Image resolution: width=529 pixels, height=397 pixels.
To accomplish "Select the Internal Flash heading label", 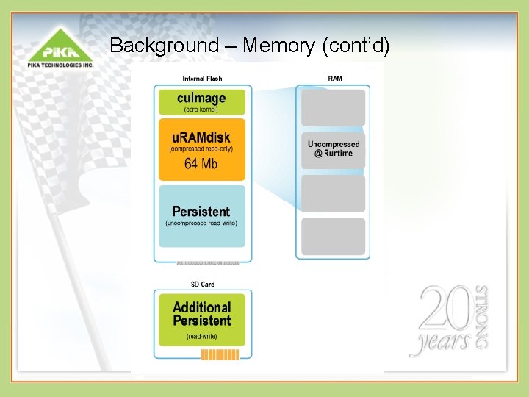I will [x=202, y=79].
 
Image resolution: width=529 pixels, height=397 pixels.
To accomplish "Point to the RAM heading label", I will [x=334, y=79].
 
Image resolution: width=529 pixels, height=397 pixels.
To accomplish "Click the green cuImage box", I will [x=202, y=101].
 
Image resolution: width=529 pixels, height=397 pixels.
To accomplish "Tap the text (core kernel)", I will [x=201, y=110].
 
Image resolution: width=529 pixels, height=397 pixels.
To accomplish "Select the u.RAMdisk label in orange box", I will [x=202, y=137].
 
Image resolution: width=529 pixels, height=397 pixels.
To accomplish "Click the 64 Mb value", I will [x=201, y=163].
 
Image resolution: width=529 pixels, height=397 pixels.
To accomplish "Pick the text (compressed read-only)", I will [x=201, y=149].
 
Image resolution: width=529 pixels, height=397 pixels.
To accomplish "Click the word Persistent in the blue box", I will [x=201, y=212].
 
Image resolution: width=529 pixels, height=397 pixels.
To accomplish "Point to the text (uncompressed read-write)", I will [x=201, y=223].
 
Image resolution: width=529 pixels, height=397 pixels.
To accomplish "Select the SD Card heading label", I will [x=202, y=285].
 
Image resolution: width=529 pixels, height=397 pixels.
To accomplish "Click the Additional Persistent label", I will [x=202, y=314].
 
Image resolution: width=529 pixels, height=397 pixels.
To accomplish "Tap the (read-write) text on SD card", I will [x=201, y=337].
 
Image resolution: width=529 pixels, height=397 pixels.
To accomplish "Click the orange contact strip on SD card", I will [x=220, y=355].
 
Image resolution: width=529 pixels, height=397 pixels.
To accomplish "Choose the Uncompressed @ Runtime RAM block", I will [x=333, y=149].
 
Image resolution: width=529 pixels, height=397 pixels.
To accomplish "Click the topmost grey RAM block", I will [x=333, y=107].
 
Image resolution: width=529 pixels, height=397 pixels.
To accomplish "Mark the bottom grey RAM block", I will [x=333, y=236].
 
